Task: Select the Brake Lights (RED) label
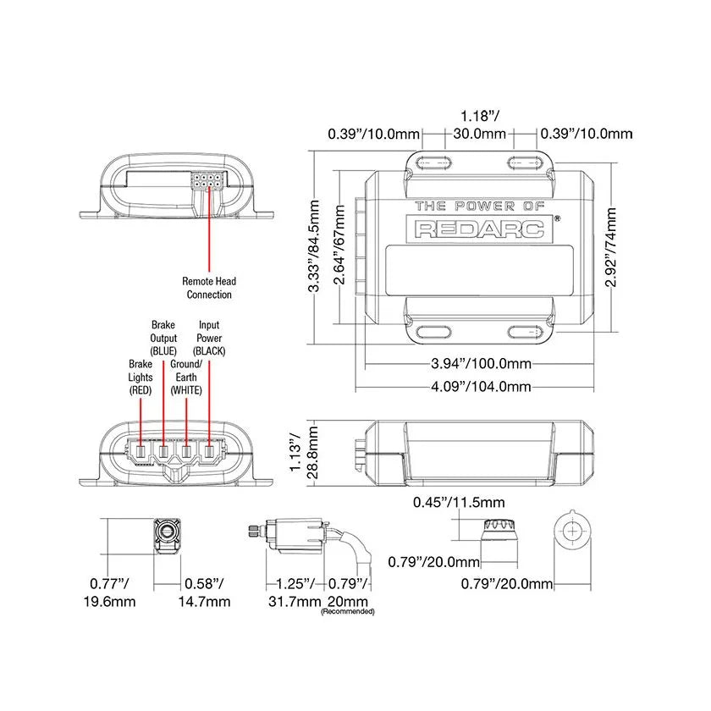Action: point(140,377)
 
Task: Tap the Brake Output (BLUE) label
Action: point(163,338)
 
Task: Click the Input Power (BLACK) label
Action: point(208,338)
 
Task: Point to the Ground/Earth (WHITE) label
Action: point(185,377)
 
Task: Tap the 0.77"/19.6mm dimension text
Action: point(113,592)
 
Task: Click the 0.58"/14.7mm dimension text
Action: point(207,592)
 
